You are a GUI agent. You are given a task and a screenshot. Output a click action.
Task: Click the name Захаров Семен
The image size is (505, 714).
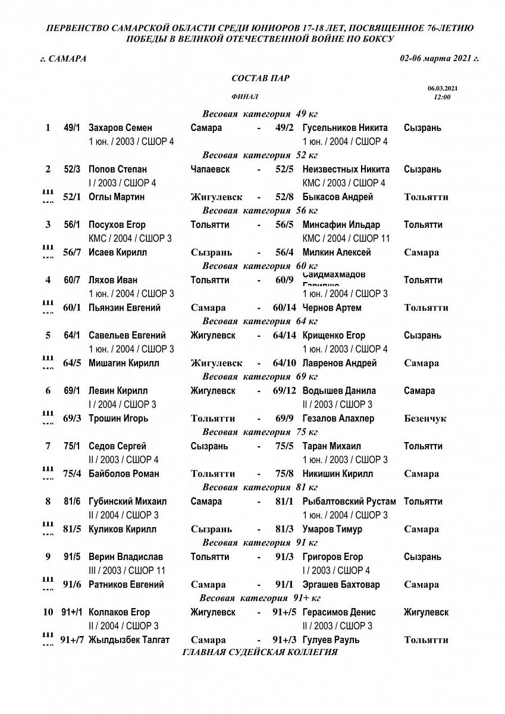pos(120,128)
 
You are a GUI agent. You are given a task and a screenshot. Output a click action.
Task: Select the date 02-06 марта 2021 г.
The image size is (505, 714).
pos(440,58)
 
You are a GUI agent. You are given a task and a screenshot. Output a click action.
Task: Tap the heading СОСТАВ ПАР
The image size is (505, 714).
pos(261,79)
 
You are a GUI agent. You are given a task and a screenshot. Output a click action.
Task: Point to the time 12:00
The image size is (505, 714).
pos(442,96)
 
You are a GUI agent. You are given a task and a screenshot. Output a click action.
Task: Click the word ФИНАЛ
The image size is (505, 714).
pos(244,96)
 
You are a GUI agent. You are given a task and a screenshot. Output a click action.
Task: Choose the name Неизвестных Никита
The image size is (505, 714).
pos(346,170)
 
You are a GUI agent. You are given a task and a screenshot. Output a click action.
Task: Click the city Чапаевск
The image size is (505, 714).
pos(211,170)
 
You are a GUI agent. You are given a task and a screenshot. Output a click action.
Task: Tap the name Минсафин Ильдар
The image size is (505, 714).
pos(341,225)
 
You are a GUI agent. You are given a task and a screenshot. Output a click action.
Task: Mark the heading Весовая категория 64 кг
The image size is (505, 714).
pos(261,321)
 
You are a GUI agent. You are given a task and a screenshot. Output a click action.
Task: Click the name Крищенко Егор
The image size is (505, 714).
pos(334,336)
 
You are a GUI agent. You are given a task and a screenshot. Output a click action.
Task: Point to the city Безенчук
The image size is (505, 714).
pos(425,418)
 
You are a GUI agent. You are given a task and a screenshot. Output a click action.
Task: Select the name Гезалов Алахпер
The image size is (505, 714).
pos(338,418)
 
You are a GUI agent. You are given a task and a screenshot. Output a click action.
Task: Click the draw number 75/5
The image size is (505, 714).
pos(284,446)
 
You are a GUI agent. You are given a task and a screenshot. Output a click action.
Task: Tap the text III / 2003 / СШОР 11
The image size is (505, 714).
pos(127,571)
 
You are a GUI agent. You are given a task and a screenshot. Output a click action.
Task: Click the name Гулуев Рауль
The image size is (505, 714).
pos(331,640)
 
